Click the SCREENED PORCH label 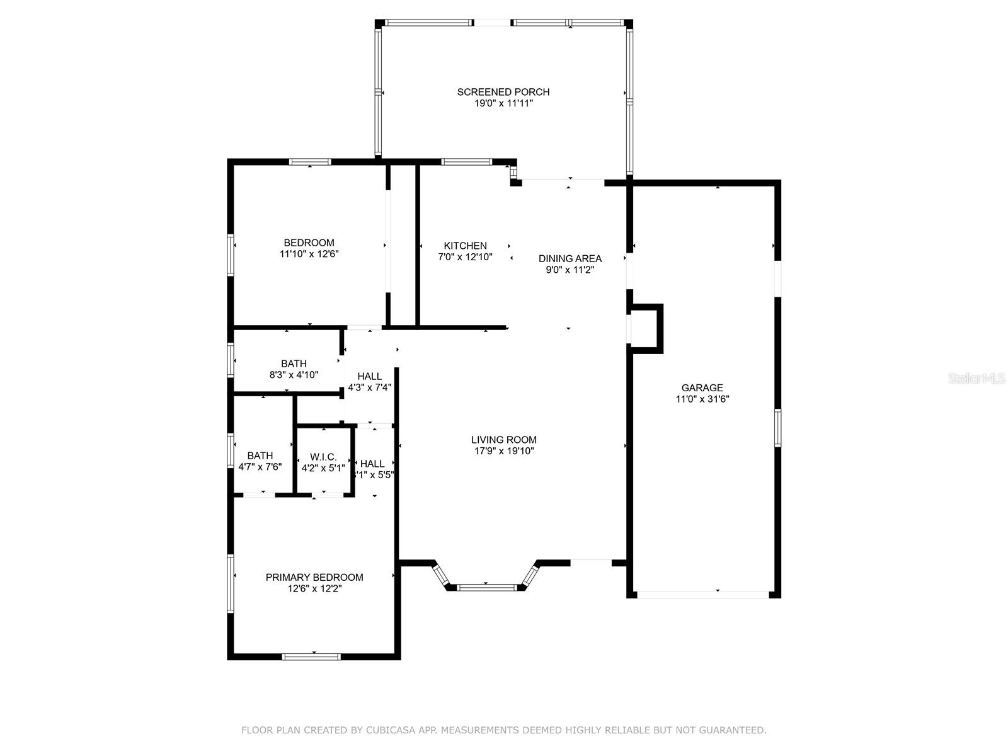[503, 92]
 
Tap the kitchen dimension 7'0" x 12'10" [465, 257]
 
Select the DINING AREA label [570, 258]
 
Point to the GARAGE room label [702, 388]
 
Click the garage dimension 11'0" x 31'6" [702, 399]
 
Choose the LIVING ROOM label [503, 440]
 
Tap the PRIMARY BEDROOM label [314, 577]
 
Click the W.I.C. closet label [323, 457]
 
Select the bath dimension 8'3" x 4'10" [294, 375]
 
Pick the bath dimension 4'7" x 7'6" [260, 467]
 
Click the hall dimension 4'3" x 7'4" [370, 387]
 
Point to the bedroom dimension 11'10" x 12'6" [309, 254]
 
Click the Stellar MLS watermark [976, 379]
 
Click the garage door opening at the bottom [702, 594]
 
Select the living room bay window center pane [486, 588]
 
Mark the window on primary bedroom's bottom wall [311, 656]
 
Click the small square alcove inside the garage [646, 327]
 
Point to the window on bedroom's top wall [310, 162]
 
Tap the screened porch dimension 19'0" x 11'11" [503, 103]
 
